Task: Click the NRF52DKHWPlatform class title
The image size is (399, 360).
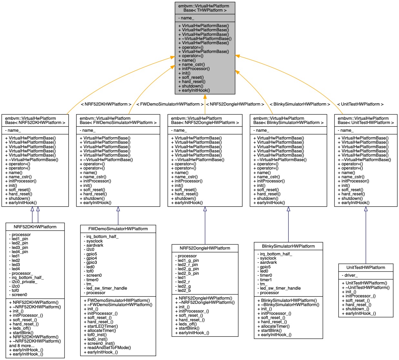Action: [x=35, y=227]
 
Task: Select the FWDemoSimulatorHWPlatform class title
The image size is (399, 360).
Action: [x=118, y=229]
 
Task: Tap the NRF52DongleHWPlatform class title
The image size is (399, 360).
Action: [x=205, y=248]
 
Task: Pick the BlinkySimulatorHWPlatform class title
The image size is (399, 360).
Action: [x=288, y=246]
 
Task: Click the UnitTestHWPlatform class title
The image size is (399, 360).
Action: [x=365, y=267]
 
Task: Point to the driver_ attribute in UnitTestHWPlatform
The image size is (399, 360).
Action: [x=350, y=275]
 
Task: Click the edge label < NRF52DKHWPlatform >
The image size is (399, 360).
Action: [x=106, y=104]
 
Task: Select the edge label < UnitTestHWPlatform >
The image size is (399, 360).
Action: [x=360, y=104]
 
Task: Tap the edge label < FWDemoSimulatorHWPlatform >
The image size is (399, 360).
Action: [x=170, y=104]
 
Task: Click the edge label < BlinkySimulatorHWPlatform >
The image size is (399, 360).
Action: [x=300, y=104]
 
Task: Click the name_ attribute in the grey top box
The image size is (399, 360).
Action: [x=186, y=18]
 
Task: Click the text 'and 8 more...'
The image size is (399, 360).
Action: [x=22, y=345]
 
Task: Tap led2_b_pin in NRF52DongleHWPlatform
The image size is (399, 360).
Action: [x=188, y=273]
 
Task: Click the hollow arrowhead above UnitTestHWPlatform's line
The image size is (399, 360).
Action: [x=366, y=209]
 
